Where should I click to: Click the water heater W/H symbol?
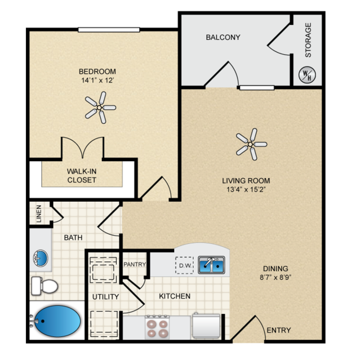(x=307, y=75)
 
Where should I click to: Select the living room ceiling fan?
(x=251, y=144)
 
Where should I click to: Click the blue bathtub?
(x=57, y=321)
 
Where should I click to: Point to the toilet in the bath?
(x=45, y=286)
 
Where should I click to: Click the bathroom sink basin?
(x=41, y=258)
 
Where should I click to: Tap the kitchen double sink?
(x=211, y=265)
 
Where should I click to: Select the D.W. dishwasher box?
(x=185, y=265)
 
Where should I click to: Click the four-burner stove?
(x=157, y=327)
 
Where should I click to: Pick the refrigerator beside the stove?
(x=206, y=326)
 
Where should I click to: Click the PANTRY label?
(x=135, y=264)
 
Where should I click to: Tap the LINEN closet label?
(x=39, y=214)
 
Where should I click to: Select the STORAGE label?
(x=308, y=40)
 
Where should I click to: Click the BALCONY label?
(x=223, y=37)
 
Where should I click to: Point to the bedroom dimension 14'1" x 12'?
(x=97, y=81)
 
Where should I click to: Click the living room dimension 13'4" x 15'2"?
(x=246, y=190)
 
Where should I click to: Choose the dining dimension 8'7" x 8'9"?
(x=275, y=277)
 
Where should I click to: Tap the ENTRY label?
(x=279, y=330)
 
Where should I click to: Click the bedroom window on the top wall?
(x=109, y=30)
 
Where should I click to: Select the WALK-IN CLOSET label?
(x=82, y=176)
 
